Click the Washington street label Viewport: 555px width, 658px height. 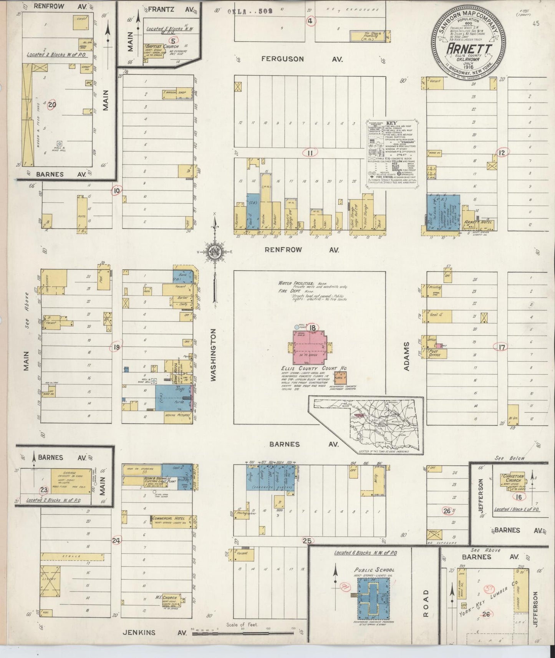click(214, 355)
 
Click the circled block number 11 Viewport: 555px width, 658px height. click(310, 153)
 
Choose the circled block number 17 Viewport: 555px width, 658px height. click(502, 347)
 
